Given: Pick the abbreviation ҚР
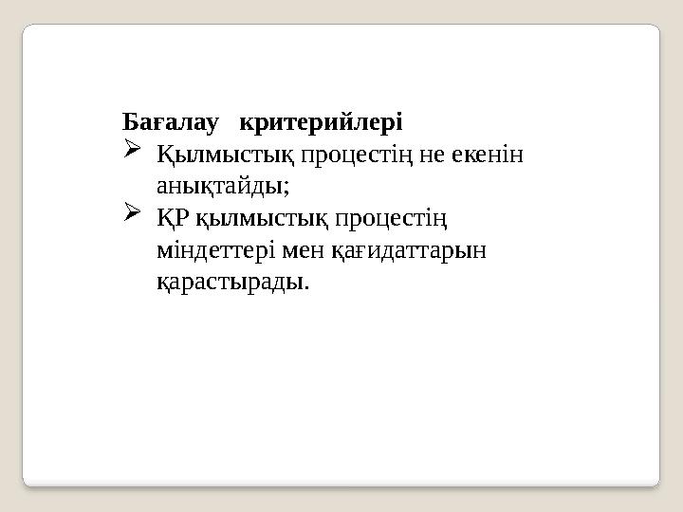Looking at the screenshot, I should coord(174,219).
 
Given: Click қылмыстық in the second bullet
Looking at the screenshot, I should coord(242,219).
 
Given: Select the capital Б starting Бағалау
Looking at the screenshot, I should coord(130,123).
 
